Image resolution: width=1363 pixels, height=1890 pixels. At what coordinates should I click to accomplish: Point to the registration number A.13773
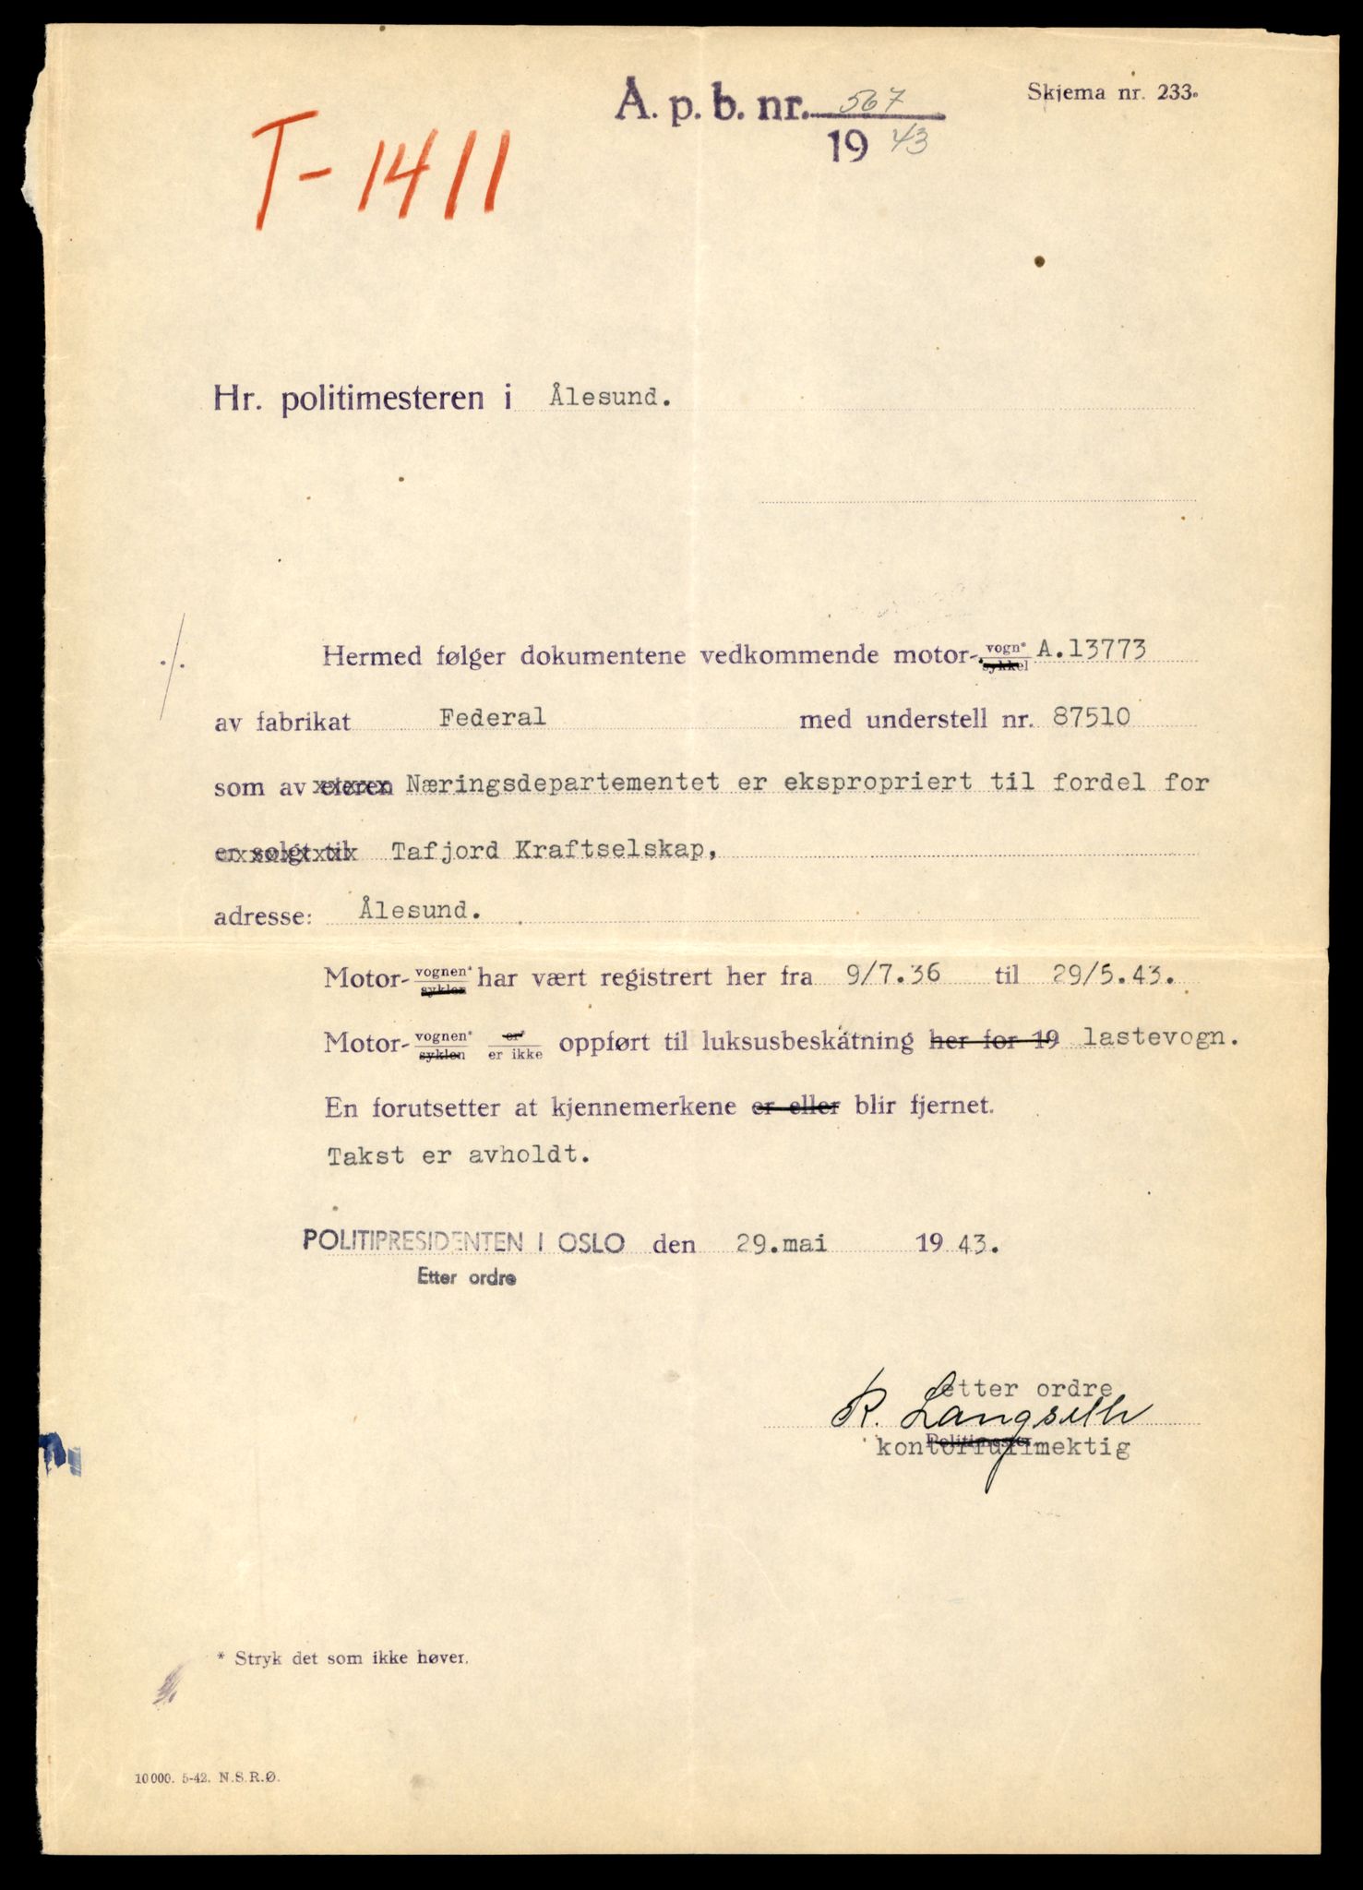(x=1092, y=651)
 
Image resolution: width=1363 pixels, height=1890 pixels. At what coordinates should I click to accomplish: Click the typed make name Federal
(x=492, y=716)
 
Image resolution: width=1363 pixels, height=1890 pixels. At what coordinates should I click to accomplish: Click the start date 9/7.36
(x=892, y=975)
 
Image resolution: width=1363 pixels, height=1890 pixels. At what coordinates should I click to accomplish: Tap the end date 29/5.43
(x=1109, y=977)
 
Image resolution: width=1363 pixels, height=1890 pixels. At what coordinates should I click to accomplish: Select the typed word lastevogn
(x=1160, y=1036)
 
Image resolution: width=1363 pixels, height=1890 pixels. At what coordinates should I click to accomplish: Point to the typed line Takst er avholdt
(x=458, y=1154)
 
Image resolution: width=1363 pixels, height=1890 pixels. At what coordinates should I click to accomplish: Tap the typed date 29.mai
(x=781, y=1243)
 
